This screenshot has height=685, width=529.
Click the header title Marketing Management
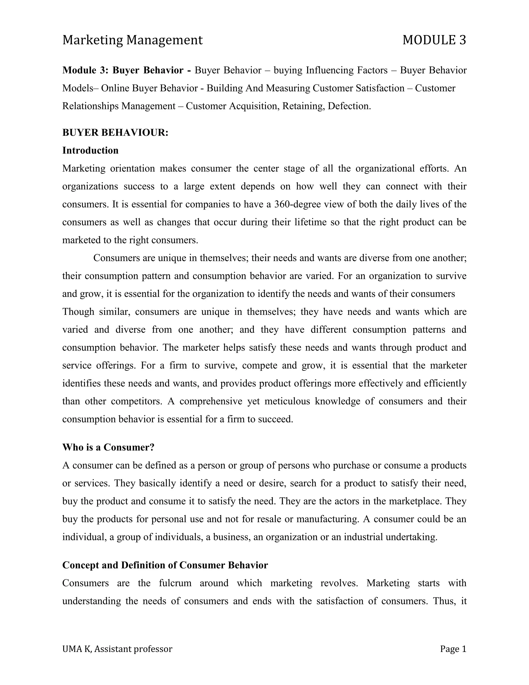(x=132, y=40)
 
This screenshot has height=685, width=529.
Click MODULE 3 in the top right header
(x=434, y=40)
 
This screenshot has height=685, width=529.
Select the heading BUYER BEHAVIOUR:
(x=115, y=133)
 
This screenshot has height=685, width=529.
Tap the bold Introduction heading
(x=90, y=150)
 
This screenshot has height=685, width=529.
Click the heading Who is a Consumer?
(x=108, y=447)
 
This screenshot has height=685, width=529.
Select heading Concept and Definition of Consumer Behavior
(x=165, y=565)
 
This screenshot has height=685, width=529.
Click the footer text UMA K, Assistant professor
(x=117, y=649)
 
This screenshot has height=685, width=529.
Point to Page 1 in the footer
(x=453, y=649)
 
